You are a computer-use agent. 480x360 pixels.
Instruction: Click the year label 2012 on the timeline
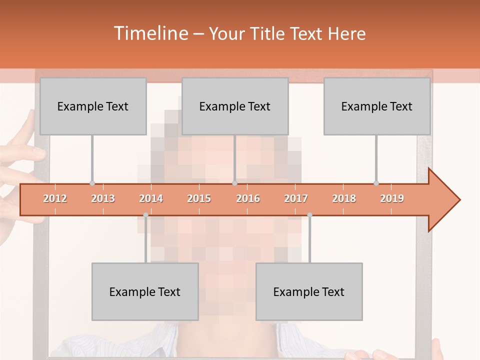pos(55,198)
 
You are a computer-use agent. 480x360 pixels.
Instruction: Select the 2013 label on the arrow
pos(103,198)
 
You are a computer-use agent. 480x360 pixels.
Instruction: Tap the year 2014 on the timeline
pos(151,198)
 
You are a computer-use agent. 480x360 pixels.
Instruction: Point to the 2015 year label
pos(199,198)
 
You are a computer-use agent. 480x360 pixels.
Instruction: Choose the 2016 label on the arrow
pos(248,198)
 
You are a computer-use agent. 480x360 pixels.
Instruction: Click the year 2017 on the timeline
pos(296,198)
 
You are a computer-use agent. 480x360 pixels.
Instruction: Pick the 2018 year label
pos(344,198)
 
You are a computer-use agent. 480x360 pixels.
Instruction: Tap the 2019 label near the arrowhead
pos(392,198)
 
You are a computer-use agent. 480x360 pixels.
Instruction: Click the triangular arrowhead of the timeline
pos(443,200)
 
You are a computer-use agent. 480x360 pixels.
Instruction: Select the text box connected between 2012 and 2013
pos(93,106)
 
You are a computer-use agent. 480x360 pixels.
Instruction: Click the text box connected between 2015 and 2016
pos(235,106)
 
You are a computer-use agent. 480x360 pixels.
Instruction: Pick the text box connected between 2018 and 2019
pos(377,106)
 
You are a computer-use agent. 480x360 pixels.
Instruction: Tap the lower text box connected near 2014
pos(145,291)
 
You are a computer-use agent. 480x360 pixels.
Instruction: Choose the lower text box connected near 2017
pos(309,291)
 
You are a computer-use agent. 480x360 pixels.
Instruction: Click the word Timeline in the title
pos(150,33)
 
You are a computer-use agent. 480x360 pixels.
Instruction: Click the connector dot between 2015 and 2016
pos(234,183)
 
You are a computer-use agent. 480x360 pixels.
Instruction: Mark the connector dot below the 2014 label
pos(145,215)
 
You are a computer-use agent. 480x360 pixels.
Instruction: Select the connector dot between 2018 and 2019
pos(376,183)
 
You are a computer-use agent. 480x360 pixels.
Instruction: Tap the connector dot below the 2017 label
pos(309,215)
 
